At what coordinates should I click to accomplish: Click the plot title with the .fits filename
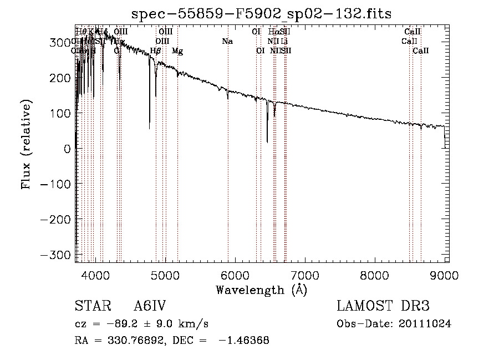click(261, 14)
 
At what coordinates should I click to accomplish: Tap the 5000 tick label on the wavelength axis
click(165, 275)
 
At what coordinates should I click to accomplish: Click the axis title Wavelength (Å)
click(261, 290)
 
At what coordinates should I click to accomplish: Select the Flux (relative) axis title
click(27, 144)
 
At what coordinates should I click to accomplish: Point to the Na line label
click(227, 41)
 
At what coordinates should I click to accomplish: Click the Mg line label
click(177, 51)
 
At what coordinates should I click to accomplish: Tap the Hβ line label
click(156, 51)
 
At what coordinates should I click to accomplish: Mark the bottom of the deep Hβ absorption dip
click(150, 129)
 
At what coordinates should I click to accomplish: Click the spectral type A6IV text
click(150, 306)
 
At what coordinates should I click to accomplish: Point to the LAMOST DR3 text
click(383, 306)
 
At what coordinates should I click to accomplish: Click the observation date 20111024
click(425, 324)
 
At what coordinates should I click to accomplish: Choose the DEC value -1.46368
click(244, 341)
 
